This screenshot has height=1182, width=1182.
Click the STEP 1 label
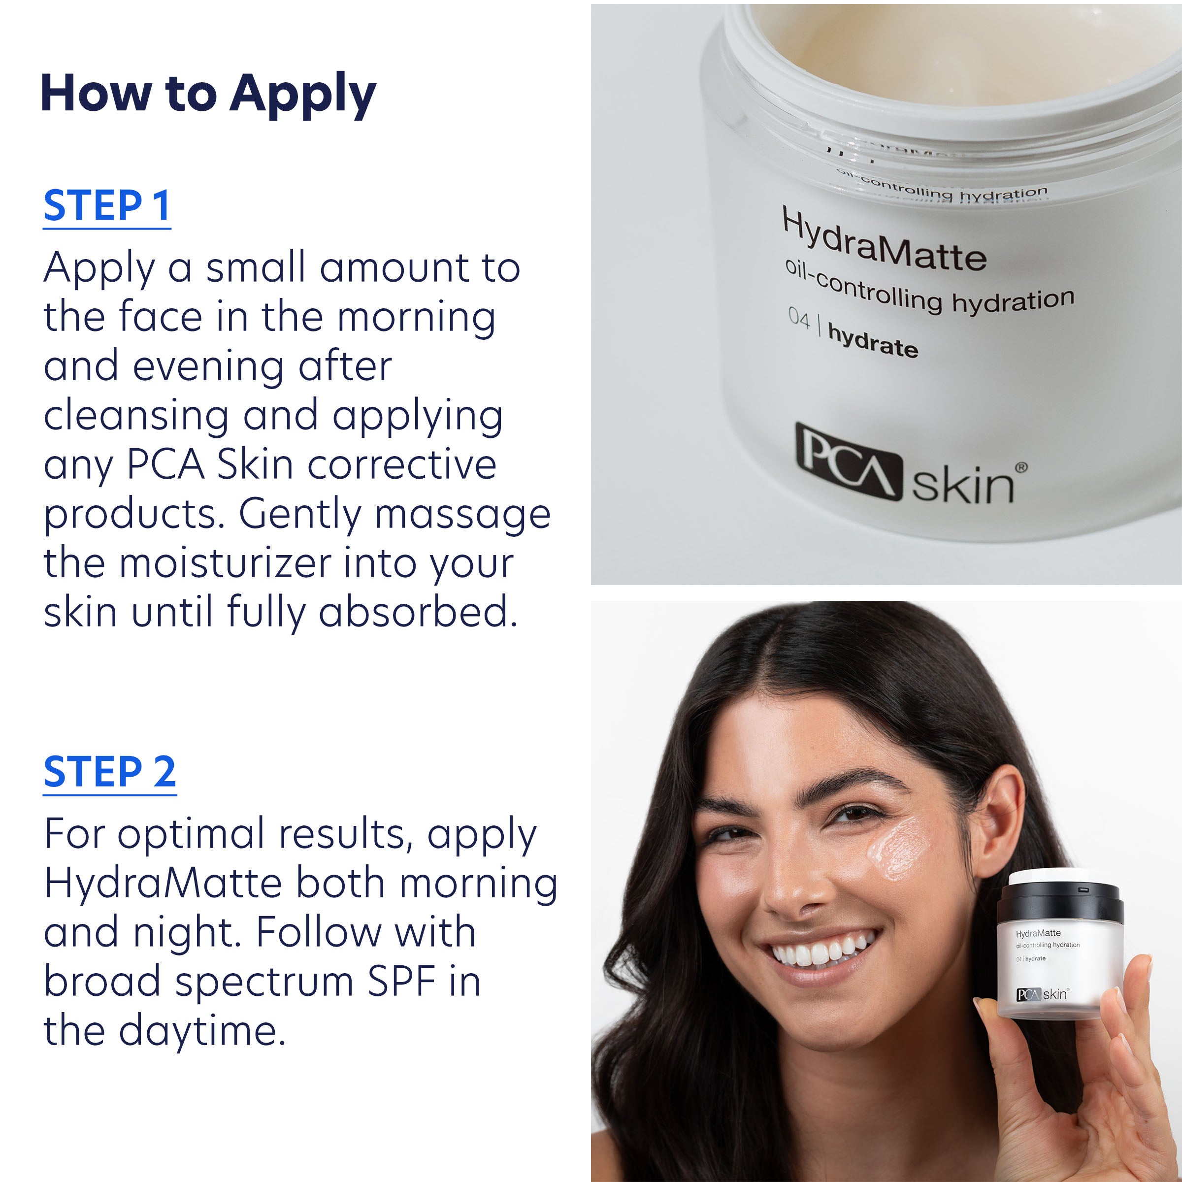coord(106,206)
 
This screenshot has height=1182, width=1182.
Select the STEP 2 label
coord(109,772)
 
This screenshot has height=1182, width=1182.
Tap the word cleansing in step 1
coord(136,415)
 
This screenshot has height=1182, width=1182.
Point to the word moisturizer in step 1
coord(225,563)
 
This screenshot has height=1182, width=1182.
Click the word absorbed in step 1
coord(417,612)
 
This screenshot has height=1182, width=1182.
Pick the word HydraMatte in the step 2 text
coord(163,884)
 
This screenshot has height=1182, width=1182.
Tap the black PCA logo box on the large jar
coord(848,462)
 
